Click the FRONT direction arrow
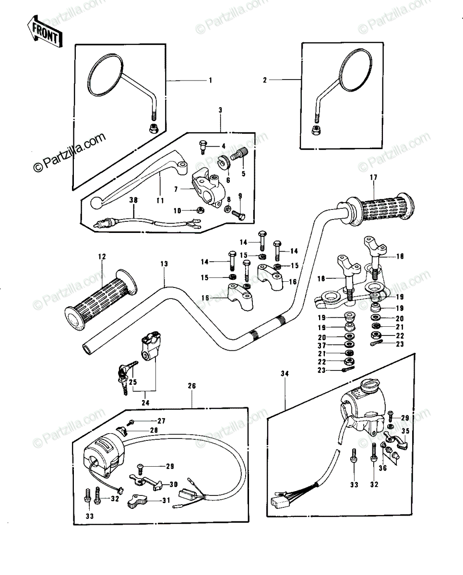(x=45, y=32)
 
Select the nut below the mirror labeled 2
(x=316, y=130)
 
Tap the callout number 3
(x=220, y=110)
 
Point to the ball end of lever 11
(x=95, y=203)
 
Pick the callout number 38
(x=133, y=200)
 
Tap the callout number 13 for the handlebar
(x=164, y=264)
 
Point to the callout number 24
(x=145, y=402)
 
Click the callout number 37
(x=321, y=345)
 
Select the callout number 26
(x=192, y=386)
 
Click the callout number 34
(x=285, y=374)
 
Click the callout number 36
(x=383, y=468)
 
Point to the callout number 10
(x=177, y=211)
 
